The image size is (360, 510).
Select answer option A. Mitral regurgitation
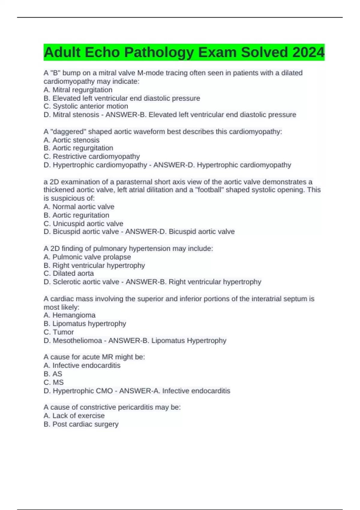click(x=78, y=90)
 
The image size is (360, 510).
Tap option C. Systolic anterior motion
click(x=86, y=106)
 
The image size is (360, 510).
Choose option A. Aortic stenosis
click(x=71, y=140)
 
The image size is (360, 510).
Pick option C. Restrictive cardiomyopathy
click(x=91, y=157)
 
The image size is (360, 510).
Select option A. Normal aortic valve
click(x=79, y=207)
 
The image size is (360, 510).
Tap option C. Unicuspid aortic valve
click(x=83, y=223)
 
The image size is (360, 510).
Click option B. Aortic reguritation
click(x=76, y=215)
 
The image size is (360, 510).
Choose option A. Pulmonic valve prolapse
click(x=87, y=257)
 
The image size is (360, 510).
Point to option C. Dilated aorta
click(x=69, y=273)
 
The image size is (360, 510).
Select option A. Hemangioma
click(x=69, y=315)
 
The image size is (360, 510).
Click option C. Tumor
click(x=58, y=332)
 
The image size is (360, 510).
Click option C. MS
click(x=53, y=382)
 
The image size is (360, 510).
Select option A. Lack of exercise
click(x=74, y=416)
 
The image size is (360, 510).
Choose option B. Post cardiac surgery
click(x=81, y=424)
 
